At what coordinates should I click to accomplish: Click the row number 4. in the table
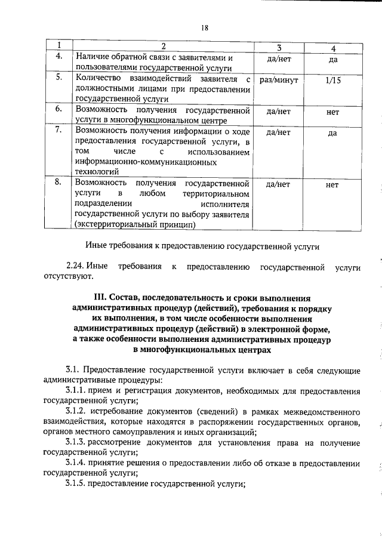pyautogui.click(x=60, y=57)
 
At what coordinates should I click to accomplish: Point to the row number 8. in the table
pyautogui.click(x=60, y=184)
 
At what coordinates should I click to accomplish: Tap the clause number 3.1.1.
pyautogui.click(x=76, y=391)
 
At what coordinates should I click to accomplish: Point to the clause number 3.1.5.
pyautogui.click(x=76, y=483)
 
